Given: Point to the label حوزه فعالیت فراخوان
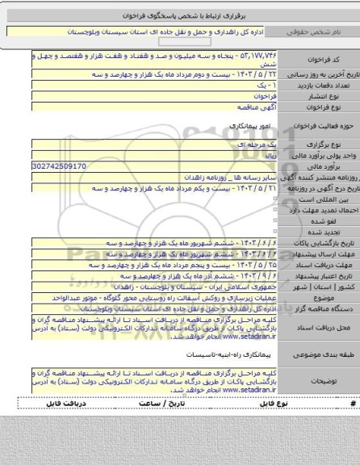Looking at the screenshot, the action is tap(323, 132).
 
